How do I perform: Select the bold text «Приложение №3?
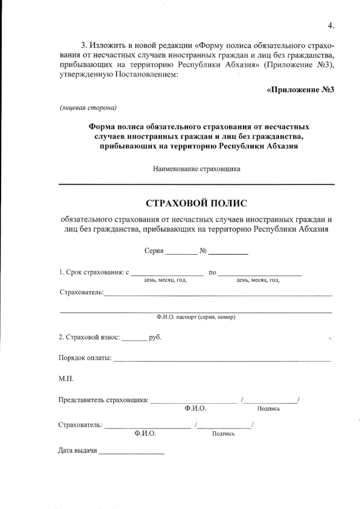300,89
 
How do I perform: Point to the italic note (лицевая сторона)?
88,107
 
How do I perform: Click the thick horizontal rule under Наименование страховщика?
196,184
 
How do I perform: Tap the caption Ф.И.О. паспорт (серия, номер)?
196,317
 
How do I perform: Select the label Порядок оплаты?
85,358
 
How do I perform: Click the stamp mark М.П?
66,379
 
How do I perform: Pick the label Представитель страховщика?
103,400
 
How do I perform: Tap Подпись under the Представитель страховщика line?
268,409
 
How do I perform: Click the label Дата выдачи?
78,451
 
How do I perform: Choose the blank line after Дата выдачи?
132,453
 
